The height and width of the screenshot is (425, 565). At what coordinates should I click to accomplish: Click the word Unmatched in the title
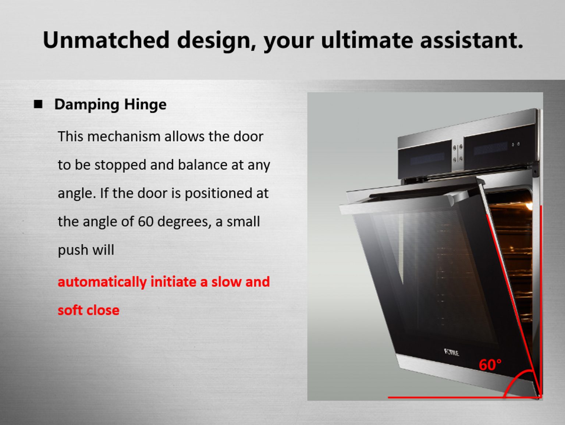click(x=106, y=40)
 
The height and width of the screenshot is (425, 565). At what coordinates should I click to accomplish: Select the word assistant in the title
click(x=472, y=40)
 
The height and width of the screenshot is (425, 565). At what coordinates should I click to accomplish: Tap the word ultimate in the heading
click(x=367, y=40)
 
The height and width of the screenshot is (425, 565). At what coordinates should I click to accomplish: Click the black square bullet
click(x=38, y=104)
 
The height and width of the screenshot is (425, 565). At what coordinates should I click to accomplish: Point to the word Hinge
click(x=145, y=105)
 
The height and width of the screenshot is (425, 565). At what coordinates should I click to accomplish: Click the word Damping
click(x=87, y=105)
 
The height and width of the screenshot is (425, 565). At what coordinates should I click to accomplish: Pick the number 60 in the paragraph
click(x=146, y=222)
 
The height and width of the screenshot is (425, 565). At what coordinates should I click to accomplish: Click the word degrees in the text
click(x=184, y=222)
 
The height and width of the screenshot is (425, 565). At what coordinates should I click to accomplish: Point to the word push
click(x=73, y=250)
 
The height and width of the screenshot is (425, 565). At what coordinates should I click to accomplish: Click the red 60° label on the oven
click(x=490, y=365)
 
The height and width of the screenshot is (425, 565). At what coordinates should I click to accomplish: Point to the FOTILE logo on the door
click(x=451, y=352)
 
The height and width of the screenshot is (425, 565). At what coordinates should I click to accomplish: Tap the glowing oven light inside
click(x=529, y=206)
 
